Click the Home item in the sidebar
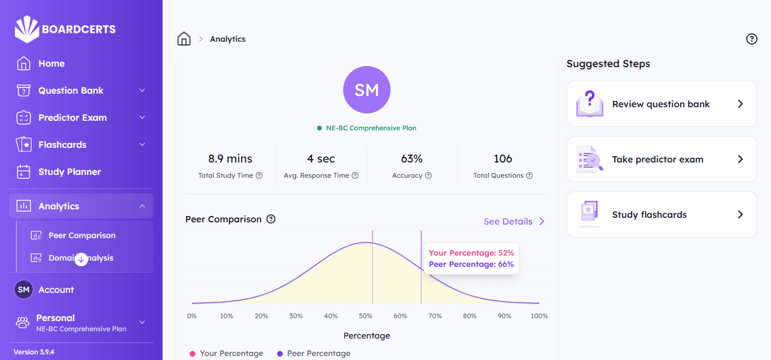51,64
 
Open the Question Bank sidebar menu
71,91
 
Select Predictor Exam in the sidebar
72,118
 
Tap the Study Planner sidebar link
69,172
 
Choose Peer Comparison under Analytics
82,236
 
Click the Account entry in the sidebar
56,290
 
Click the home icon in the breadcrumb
184,39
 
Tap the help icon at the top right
751,39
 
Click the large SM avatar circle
367,90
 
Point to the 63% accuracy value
412,159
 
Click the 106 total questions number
503,159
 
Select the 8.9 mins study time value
230,159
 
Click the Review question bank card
661,104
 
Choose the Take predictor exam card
661,159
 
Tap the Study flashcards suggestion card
661,214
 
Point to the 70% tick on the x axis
435,316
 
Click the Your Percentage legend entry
231,353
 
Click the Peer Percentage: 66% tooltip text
471,264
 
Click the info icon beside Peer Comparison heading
271,219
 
